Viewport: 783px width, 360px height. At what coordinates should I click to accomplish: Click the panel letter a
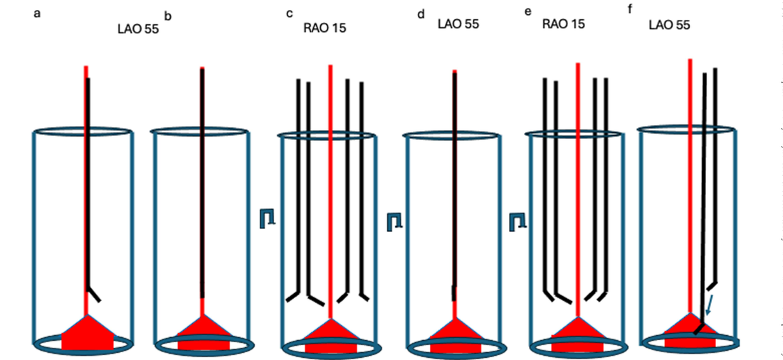(37, 13)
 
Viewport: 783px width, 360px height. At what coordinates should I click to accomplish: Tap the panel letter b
(169, 15)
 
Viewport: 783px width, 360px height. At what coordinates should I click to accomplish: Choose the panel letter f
(631, 11)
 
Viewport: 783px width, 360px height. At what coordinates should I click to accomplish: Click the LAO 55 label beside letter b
(138, 30)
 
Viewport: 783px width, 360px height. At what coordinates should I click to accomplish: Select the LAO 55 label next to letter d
(458, 23)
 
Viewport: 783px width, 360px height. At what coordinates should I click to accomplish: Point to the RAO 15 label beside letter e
(564, 23)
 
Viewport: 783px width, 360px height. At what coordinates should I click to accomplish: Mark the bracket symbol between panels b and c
(267, 218)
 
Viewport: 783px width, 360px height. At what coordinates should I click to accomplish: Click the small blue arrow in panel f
(710, 306)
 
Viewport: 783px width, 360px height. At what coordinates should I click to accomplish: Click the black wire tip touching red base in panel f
(700, 329)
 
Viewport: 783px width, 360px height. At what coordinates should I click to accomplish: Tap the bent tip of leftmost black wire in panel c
(293, 297)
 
